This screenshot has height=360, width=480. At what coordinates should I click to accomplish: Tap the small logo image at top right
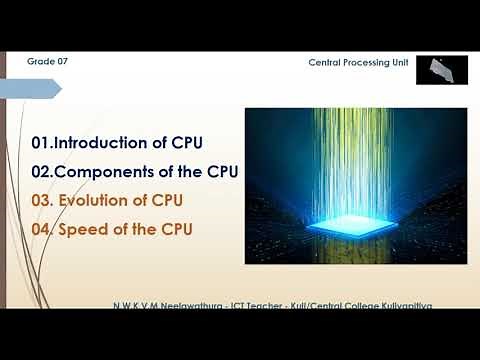coord(440,69)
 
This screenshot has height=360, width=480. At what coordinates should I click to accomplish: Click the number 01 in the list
coord(41,143)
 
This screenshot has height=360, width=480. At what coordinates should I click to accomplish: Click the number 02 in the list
coord(42,172)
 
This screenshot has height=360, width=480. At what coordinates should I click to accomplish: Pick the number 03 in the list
coord(42,201)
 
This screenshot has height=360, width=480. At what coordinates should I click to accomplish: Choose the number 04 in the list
coord(42,230)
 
